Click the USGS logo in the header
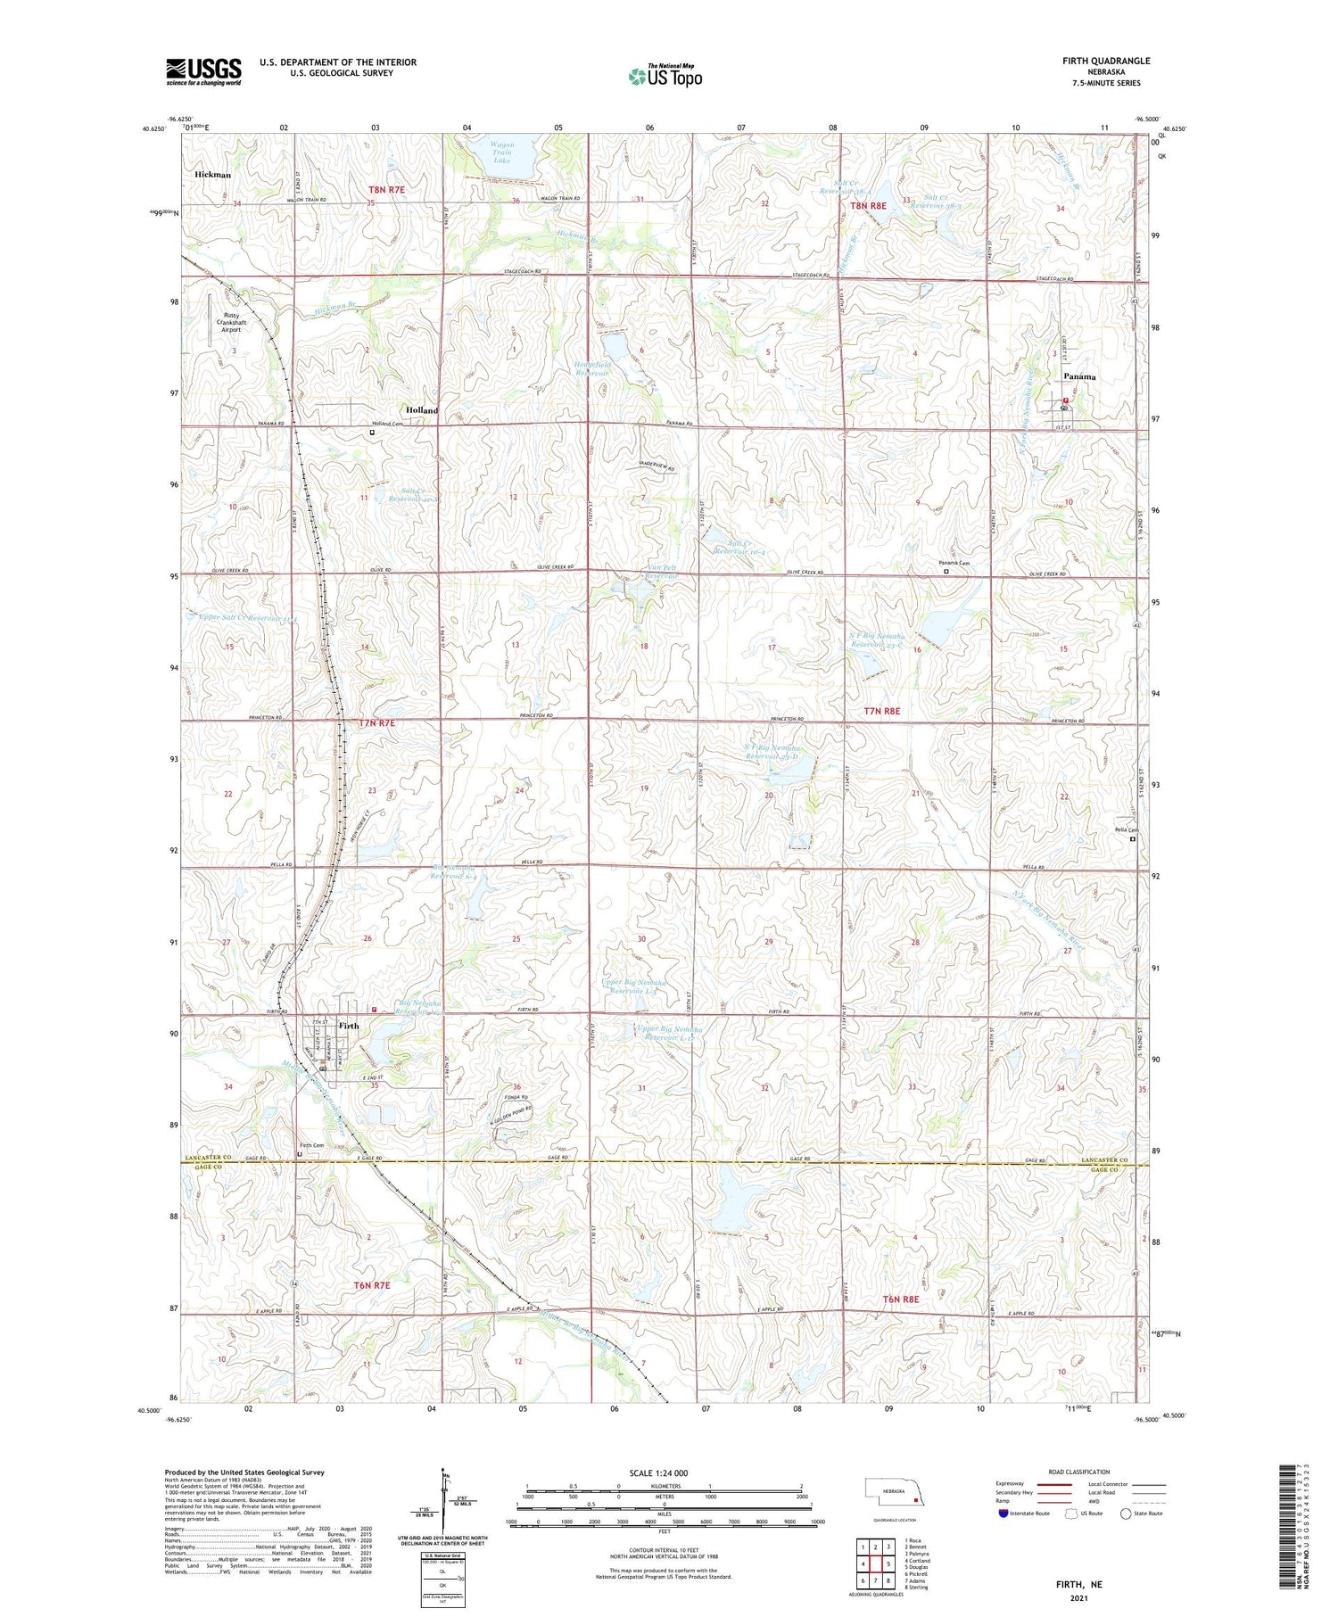coord(203,71)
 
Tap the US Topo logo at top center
coord(665,77)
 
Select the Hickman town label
coord(212,175)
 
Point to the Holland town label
coord(422,410)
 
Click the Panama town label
coord(1078,377)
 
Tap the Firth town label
coord(349,1027)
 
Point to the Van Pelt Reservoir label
coord(662,572)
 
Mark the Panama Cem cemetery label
coord(953,564)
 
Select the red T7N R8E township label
coord(882,711)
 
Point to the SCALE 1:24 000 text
coord(664,1473)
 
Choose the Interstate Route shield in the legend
coord(1004,1513)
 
